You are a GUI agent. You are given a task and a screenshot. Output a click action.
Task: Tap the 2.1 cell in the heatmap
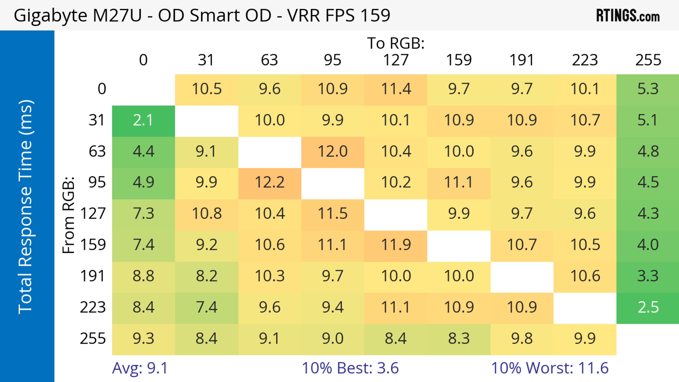143,120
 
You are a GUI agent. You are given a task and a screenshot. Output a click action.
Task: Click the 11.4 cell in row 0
396,89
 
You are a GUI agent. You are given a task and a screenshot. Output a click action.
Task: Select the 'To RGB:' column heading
396,43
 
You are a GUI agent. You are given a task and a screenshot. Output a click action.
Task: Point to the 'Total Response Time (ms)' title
26,207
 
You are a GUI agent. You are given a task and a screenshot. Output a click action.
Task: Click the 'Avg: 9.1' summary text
140,368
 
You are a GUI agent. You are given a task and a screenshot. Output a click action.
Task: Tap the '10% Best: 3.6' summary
350,368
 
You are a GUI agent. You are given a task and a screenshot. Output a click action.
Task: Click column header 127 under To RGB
396,60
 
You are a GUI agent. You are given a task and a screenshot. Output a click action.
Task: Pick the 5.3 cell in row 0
648,89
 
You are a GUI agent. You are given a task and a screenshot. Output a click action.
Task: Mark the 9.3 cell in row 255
143,339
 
